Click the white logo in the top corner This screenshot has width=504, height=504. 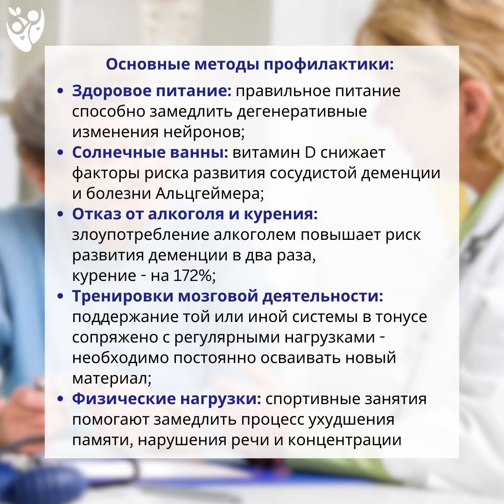[25, 29]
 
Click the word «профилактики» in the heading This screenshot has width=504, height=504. [329, 64]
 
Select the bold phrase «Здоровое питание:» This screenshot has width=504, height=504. [152, 91]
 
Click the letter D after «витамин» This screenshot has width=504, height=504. [310, 152]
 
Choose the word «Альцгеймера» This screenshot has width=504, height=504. [210, 194]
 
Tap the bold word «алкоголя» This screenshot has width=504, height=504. [186, 214]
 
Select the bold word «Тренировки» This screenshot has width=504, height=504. [123, 296]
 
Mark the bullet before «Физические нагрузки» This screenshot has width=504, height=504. [60, 399]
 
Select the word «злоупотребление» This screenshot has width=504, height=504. [140, 235]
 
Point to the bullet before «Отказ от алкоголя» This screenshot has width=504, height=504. [60, 214]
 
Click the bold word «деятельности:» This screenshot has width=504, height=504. [323, 296]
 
